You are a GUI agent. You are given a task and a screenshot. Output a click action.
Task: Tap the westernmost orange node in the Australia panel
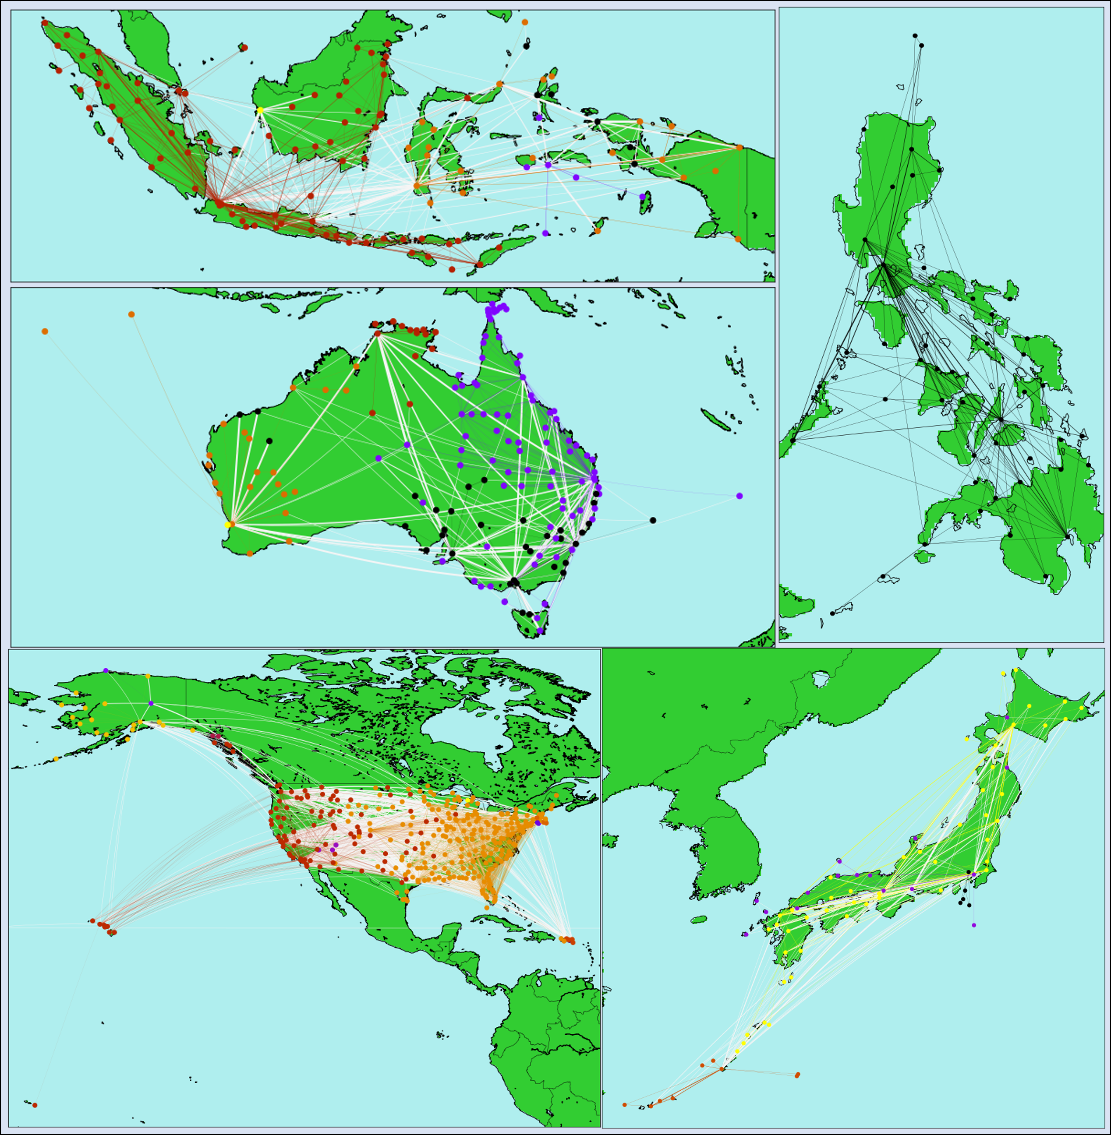pos(45,331)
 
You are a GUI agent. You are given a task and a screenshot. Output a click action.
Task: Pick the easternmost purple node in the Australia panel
pos(739,496)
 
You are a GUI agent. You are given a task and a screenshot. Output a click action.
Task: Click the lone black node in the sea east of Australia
pos(652,520)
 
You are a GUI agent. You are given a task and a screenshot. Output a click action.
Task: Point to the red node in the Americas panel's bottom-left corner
pos(35,1105)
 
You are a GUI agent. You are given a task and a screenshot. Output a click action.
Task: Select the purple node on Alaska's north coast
pos(106,670)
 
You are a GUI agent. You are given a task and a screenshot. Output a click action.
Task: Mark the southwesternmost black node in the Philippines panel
pos(832,613)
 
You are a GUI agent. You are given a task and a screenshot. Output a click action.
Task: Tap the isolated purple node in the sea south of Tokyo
pos(974,925)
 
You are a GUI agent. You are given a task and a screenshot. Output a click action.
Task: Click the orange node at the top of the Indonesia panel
pos(524,22)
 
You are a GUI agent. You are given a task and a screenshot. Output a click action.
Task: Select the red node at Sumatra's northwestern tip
pos(44,23)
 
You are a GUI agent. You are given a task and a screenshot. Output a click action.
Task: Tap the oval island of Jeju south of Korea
pos(698,920)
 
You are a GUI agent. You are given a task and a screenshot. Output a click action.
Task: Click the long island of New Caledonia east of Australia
pos(717,419)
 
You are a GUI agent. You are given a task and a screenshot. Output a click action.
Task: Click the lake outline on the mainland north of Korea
pos(821,679)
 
